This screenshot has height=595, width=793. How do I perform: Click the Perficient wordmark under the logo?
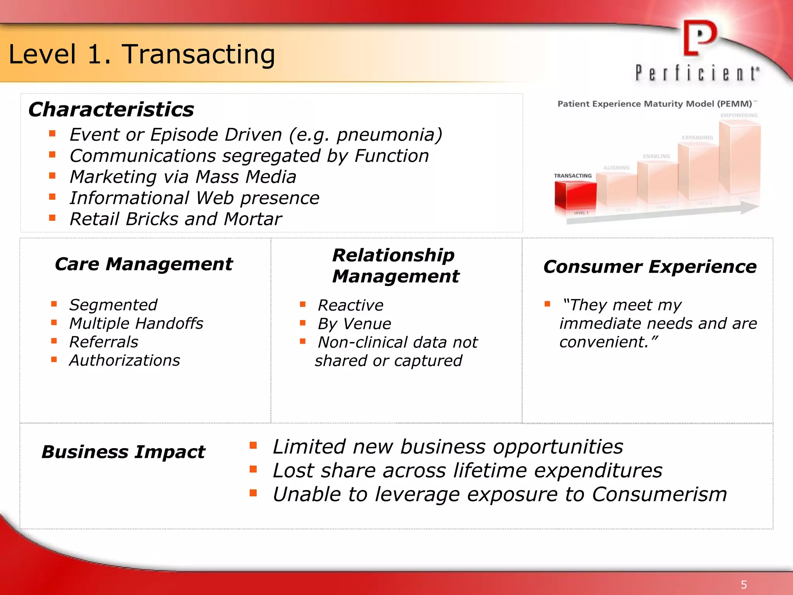[697, 73]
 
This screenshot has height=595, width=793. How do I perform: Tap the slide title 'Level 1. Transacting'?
[142, 54]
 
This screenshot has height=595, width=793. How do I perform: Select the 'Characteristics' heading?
[111, 109]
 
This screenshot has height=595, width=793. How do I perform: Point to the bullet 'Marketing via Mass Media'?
[183, 177]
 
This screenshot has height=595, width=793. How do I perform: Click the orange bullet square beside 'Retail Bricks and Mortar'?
[53, 218]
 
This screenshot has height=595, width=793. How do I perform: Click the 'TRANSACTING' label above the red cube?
[573, 176]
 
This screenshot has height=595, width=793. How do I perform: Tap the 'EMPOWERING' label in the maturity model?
[739, 115]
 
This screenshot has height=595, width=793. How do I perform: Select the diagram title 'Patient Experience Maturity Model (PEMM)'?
[654, 104]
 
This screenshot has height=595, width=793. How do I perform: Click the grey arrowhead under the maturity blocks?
[750, 208]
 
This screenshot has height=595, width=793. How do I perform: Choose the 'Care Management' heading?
[144, 264]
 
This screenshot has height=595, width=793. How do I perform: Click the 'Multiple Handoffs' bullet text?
[136, 323]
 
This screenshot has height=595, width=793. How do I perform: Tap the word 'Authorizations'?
[125, 361]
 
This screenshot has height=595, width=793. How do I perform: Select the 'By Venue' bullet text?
[354, 324]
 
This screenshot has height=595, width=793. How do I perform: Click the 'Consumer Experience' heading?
[650, 267]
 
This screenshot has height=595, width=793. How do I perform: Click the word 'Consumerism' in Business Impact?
[659, 495]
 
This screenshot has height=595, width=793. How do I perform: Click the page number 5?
[743, 585]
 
